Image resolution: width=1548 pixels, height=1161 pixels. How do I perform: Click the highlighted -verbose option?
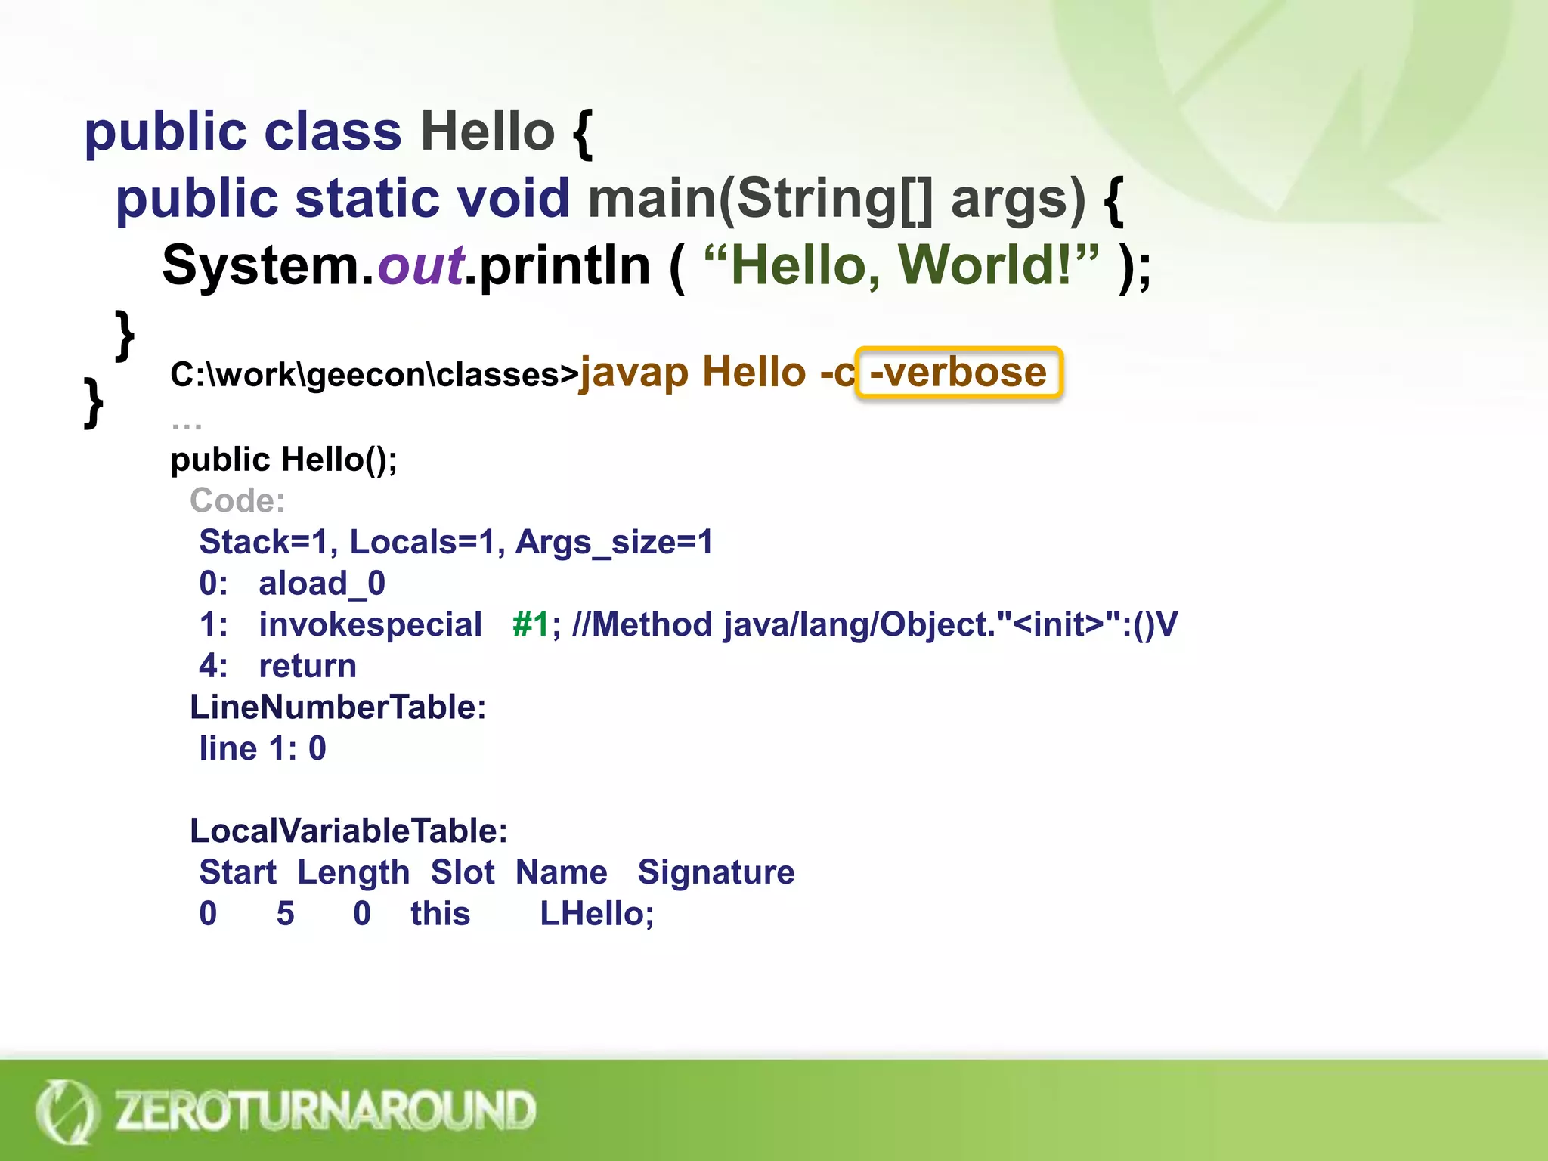tap(958, 373)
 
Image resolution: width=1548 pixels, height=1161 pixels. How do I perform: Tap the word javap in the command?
tap(634, 373)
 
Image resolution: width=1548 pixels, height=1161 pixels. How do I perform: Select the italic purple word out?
tap(420, 266)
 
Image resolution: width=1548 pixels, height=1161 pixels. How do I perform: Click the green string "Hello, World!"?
tap(900, 266)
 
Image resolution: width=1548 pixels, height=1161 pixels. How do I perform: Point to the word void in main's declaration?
tap(513, 199)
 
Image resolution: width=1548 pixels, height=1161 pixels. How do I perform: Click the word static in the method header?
tap(367, 199)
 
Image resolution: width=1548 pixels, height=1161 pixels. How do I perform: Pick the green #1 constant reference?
tap(531, 625)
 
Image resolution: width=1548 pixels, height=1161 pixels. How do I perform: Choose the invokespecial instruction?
tap(370, 625)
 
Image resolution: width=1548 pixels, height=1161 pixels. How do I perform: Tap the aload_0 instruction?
tap(322, 584)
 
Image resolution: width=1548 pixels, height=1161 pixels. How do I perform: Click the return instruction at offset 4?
tap(308, 666)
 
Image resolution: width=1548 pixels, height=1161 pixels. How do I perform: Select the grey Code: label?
tap(237, 500)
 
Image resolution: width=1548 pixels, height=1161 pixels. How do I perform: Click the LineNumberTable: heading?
tap(338, 707)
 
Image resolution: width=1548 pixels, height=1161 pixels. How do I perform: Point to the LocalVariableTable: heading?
tap(348, 831)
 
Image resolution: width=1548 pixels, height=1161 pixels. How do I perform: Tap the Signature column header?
tap(716, 872)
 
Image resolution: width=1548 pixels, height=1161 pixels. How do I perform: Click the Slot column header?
tap(463, 872)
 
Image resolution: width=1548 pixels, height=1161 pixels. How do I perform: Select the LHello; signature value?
tap(596, 914)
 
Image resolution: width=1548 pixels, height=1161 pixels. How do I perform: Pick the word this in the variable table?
tap(440, 914)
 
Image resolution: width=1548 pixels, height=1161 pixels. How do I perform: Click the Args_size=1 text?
tap(614, 542)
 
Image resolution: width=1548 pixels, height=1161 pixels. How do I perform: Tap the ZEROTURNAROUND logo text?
tap(325, 1110)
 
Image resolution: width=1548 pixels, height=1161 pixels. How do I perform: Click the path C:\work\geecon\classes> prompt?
tap(374, 375)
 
